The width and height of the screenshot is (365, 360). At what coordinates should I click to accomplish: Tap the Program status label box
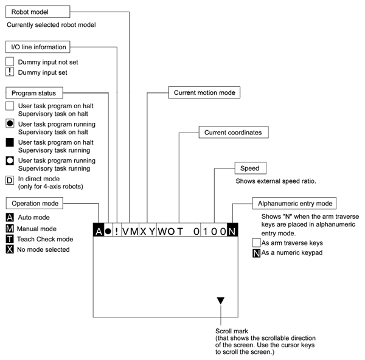pyautogui.click(x=34, y=93)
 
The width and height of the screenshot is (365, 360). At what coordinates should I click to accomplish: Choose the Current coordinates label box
pyautogui.click(x=233, y=132)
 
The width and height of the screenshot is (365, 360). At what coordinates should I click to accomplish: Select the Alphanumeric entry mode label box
pyautogui.click(x=295, y=203)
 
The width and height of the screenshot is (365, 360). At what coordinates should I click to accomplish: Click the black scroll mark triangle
pyautogui.click(x=220, y=300)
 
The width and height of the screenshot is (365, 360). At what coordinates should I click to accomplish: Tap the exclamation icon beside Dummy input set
pyautogui.click(x=10, y=72)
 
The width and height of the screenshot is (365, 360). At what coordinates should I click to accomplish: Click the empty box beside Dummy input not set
pyautogui.click(x=10, y=62)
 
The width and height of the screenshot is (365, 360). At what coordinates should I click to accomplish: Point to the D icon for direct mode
pyautogui.click(x=10, y=181)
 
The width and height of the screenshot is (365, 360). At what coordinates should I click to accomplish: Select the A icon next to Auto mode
pyautogui.click(x=10, y=217)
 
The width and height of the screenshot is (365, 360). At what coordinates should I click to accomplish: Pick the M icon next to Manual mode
pyautogui.click(x=10, y=228)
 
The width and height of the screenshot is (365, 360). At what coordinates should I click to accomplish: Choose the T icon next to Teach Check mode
pyautogui.click(x=10, y=239)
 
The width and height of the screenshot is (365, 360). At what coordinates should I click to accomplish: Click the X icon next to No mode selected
pyautogui.click(x=10, y=249)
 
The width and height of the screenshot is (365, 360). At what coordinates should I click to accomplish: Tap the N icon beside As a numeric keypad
pyautogui.click(x=256, y=252)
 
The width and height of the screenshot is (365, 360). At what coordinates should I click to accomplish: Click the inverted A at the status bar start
pyautogui.click(x=99, y=231)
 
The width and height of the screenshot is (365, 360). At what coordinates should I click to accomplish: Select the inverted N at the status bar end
pyautogui.click(x=232, y=231)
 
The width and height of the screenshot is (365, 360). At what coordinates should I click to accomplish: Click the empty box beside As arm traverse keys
pyautogui.click(x=256, y=242)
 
